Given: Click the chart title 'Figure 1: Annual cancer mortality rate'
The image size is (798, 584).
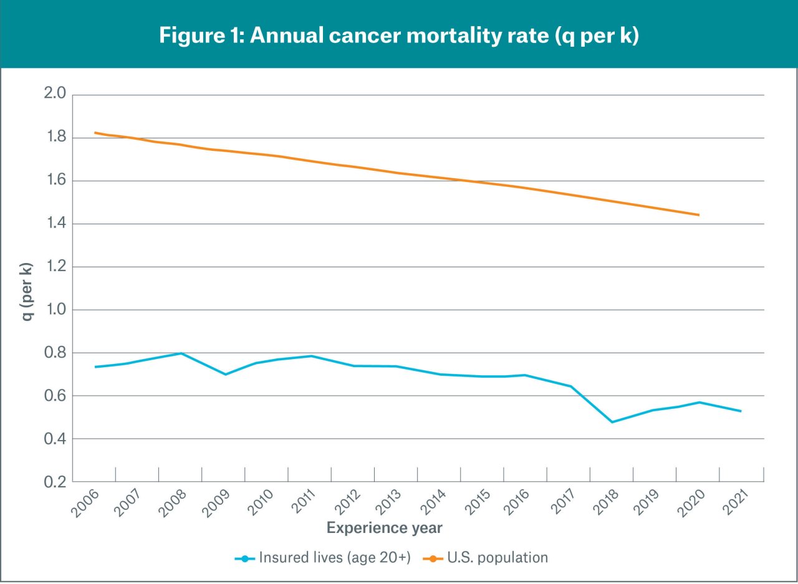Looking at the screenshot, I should click(x=399, y=35).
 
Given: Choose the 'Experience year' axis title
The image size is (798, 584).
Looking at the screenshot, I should click(x=385, y=529).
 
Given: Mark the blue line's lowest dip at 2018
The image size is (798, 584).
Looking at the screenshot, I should click(x=612, y=422).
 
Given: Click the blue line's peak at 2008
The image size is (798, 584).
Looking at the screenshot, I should click(x=181, y=353).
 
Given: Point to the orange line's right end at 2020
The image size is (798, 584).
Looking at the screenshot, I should click(x=699, y=215).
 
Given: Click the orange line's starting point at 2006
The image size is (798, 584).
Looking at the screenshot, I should click(x=95, y=133).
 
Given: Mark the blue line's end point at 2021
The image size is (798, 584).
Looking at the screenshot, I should click(x=741, y=411).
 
